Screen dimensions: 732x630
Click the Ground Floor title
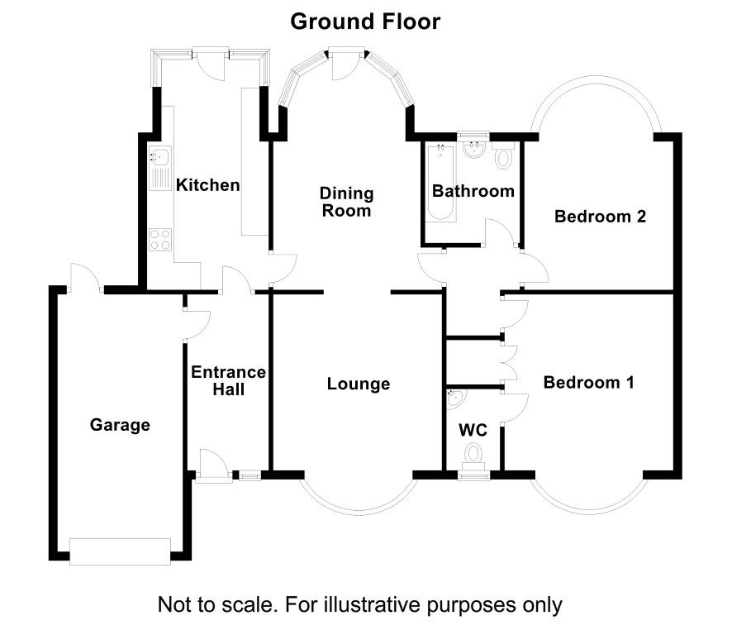coord(365,21)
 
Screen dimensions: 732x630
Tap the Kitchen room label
coord(207,185)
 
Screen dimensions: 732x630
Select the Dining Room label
coord(346,202)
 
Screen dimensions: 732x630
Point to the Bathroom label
coord(473,190)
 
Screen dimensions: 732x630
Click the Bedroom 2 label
coord(600,217)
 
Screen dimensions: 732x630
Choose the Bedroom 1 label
coord(589,383)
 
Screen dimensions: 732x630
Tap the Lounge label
coord(358,384)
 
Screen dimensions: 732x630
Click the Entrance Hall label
coord(228,380)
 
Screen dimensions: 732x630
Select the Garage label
coord(120,425)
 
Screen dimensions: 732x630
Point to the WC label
coord(473,430)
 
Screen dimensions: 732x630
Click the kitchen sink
coord(160,168)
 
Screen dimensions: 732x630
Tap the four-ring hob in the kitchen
coord(160,240)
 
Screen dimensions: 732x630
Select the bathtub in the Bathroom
coord(441,183)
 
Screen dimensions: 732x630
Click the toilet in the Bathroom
coord(503,155)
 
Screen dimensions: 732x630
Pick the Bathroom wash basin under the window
coord(474,150)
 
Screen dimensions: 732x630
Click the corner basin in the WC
coord(454,399)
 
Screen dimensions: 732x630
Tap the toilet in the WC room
coord(473,456)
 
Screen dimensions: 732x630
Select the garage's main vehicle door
coord(120,551)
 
